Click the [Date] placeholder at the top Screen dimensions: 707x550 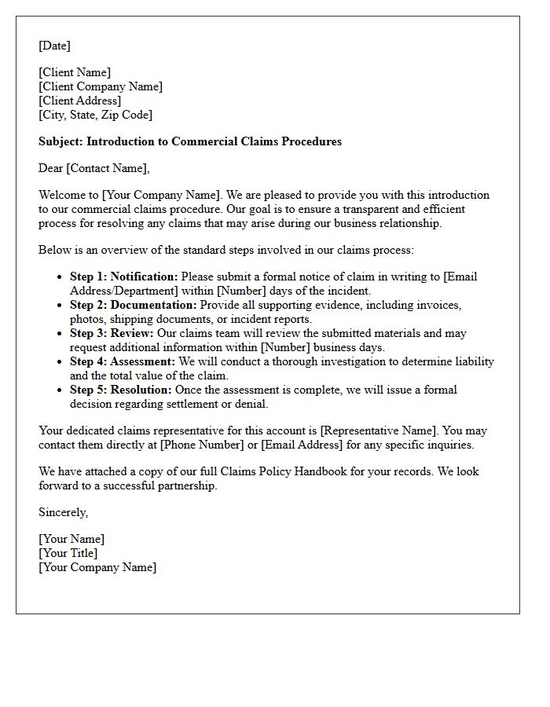[x=54, y=46]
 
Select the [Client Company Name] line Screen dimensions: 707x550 [x=101, y=86]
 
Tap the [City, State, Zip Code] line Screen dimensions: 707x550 [x=95, y=115]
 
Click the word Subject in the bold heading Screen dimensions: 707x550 [x=60, y=142]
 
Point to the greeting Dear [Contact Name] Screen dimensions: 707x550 [x=93, y=167]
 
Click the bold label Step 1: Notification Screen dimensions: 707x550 [x=123, y=277]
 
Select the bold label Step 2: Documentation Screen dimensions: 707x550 [x=133, y=305]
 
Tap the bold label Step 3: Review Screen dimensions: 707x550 [x=111, y=333]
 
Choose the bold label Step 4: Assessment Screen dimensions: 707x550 [x=122, y=361]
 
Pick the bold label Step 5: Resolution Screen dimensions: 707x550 [x=120, y=390]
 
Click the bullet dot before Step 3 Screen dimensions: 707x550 [x=60, y=334]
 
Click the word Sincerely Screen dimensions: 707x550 [x=64, y=512]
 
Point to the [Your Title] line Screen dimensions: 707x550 [x=68, y=553]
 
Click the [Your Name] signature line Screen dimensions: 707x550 [x=71, y=539]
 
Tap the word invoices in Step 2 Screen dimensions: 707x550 [x=438, y=305]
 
